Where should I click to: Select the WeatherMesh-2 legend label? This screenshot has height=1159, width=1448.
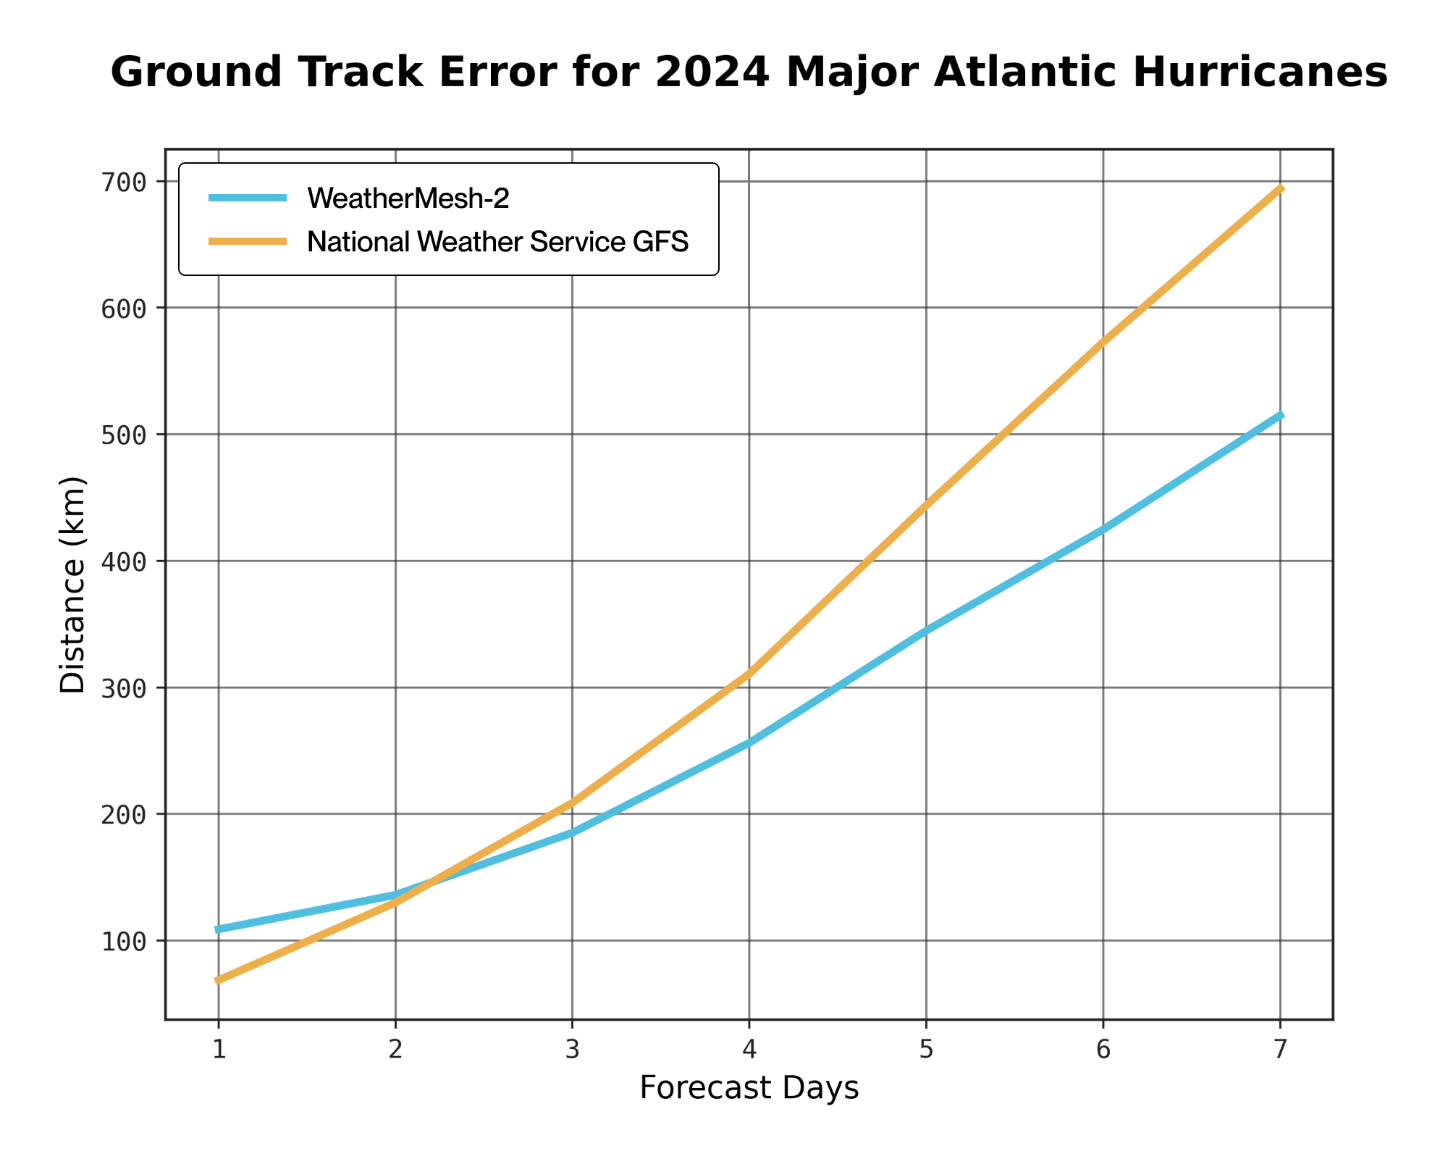point(408,198)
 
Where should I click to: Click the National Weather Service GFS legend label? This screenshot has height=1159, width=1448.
point(498,241)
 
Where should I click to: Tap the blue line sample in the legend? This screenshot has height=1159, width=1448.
point(248,197)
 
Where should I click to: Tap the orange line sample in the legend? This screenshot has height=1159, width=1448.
point(248,241)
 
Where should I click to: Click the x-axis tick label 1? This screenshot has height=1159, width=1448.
point(219,1050)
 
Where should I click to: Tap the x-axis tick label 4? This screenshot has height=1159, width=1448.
point(749,1050)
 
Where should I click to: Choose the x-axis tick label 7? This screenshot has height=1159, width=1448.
point(1281,1050)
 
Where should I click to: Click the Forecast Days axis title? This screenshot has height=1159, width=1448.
point(749,1088)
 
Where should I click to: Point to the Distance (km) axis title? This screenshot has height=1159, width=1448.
point(72,585)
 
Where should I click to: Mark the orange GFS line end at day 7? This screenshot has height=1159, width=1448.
point(1281,188)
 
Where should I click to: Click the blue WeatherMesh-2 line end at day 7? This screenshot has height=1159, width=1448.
point(1281,415)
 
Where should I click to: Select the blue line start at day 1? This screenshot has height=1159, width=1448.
point(219,929)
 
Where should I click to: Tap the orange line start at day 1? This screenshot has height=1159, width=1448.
point(219,981)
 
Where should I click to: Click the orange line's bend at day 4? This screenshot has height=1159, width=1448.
point(749,674)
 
